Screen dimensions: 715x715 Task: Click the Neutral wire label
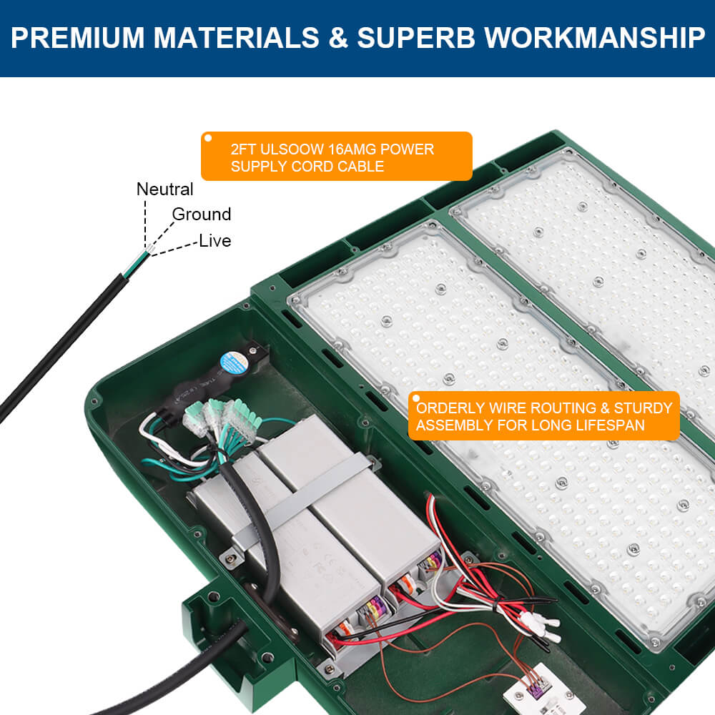[x=164, y=189]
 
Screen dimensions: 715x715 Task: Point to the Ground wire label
[x=201, y=214]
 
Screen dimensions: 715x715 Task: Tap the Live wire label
[x=214, y=241]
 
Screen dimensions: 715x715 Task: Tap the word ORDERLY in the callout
[x=447, y=408]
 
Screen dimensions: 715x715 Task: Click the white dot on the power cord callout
[x=208, y=138]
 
